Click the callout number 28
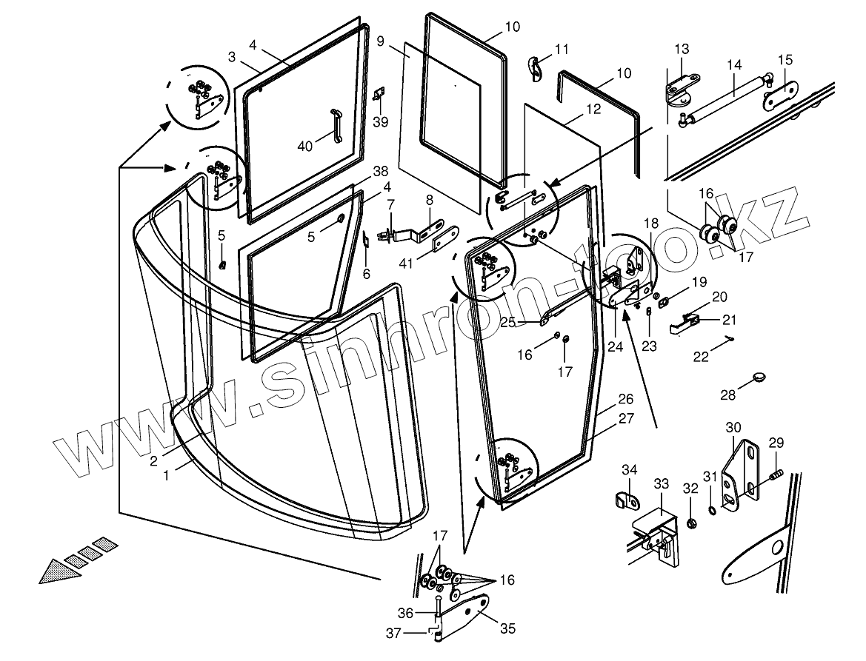[x=728, y=395]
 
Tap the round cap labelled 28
[x=754, y=377]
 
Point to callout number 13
[x=682, y=49]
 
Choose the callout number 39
[x=380, y=122]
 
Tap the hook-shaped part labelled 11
[x=535, y=67]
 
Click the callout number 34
[x=629, y=469]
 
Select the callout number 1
[x=167, y=477]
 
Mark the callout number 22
[x=700, y=356]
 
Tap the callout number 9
[x=380, y=41]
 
